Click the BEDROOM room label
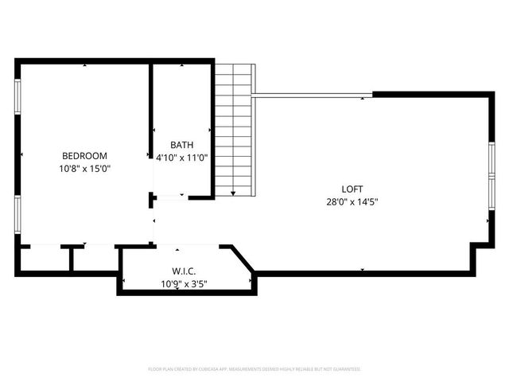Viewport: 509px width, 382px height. click(x=85, y=156)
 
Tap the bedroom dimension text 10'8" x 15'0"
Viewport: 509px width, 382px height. click(x=85, y=168)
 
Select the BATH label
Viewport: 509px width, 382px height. click(x=181, y=145)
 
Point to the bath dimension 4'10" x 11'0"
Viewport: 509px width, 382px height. click(x=181, y=158)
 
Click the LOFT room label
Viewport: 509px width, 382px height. click(x=352, y=189)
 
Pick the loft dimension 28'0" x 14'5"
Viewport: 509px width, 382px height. click(x=352, y=201)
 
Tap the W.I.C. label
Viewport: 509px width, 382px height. click(x=185, y=271)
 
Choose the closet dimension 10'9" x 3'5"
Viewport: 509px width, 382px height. click(x=185, y=283)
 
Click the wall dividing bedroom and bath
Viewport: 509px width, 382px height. click(x=151, y=111)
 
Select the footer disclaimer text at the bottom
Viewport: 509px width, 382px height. click(x=254, y=369)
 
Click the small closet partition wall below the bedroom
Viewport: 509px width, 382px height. click(x=72, y=259)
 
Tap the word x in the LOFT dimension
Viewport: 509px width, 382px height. click(x=352, y=201)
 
